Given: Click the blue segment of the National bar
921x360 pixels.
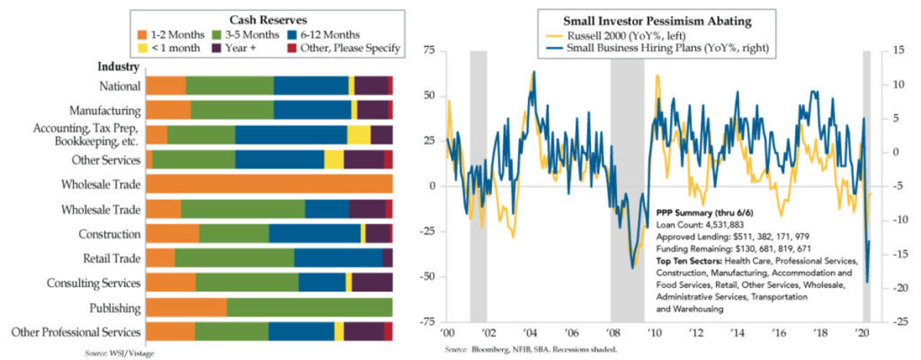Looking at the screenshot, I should pos(311,86).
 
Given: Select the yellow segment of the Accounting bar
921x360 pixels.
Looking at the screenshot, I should pos(358,135).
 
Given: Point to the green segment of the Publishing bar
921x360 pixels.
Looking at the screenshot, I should pos(309,308).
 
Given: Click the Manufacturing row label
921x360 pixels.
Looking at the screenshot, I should pos(104,111).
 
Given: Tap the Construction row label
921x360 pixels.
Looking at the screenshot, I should pos(109,234).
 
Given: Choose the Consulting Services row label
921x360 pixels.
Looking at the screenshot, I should pos(92,283).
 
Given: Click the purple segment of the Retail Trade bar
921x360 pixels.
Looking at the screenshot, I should pos(388,259).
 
